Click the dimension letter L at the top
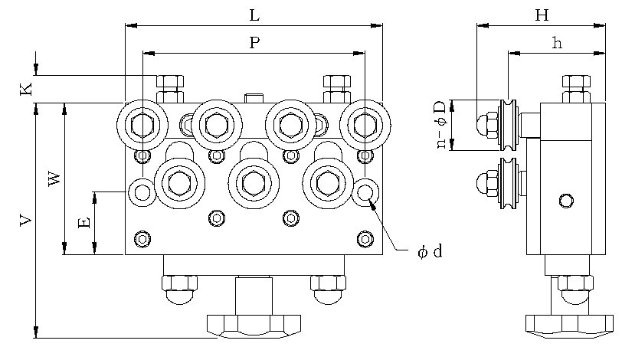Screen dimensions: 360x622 click(254, 15)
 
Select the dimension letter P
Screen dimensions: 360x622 click(254, 43)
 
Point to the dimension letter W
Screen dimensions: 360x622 click(54, 178)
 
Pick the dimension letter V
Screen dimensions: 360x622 click(26, 221)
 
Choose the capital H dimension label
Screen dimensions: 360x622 click(542, 15)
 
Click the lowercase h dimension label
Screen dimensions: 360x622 click(557, 43)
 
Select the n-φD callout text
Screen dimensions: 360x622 click(442, 124)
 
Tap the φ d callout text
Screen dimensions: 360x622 click(430, 252)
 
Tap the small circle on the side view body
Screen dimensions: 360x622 click(565, 201)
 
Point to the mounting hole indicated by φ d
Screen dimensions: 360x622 click(366, 191)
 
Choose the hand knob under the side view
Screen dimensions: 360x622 click(570, 323)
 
